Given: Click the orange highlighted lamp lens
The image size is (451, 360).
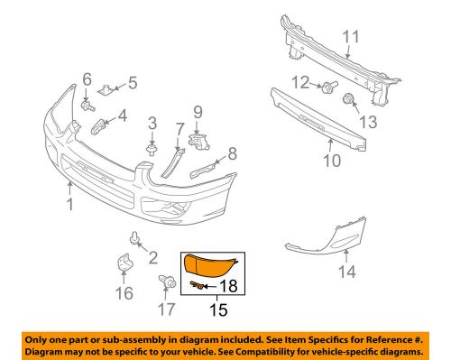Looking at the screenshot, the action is pos(209,265).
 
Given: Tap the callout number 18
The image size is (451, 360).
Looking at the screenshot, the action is pos(229,286).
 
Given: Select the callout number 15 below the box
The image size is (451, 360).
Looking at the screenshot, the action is pos(218,309).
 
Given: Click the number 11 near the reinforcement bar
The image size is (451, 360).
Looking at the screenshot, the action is pos(351,37).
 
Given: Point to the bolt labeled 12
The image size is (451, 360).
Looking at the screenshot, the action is pos(329,87).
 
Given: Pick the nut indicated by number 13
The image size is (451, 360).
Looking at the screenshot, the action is pos(348,98).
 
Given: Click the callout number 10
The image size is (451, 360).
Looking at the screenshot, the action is pos(332,160).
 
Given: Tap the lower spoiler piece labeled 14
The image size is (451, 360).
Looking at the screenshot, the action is pos(327,237).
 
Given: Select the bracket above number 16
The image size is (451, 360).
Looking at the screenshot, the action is pos(124,262).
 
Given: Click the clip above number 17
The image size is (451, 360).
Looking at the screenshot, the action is pos(167,282).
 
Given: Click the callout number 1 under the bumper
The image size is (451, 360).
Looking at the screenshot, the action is pos(70,204).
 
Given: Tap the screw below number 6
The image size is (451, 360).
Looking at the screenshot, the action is pos(87,106).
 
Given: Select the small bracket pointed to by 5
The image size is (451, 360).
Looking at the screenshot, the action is pos(106,89).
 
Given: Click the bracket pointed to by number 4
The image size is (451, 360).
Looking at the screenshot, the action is pos(97,126).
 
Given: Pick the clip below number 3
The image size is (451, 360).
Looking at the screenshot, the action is pos(152,149).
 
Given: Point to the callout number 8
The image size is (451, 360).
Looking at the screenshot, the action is pos(233,153).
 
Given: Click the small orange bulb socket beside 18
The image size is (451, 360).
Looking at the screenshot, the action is pos(197,285).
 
